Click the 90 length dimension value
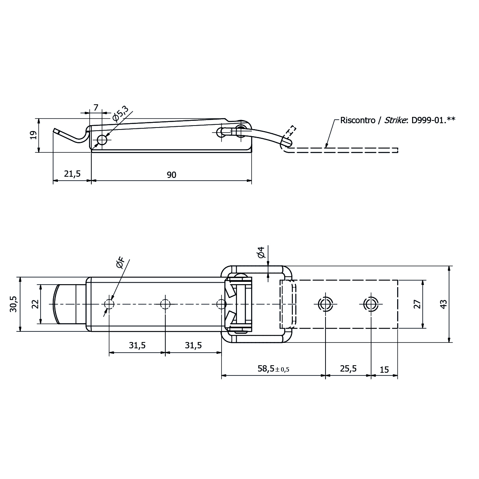(x=171, y=175)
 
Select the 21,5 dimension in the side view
(x=72, y=174)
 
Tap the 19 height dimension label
(x=34, y=135)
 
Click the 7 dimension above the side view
(x=96, y=107)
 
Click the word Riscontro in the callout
(x=357, y=120)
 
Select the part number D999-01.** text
(x=433, y=120)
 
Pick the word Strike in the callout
(x=396, y=120)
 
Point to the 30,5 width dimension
(x=14, y=304)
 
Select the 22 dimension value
(x=35, y=304)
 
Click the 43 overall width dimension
(x=443, y=304)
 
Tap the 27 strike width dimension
(x=417, y=304)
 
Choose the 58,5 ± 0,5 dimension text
(x=273, y=369)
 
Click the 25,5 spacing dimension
(x=348, y=369)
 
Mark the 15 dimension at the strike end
(x=384, y=369)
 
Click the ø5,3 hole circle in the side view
(x=102, y=140)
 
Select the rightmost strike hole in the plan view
(x=370, y=304)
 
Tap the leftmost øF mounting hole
(x=109, y=304)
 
